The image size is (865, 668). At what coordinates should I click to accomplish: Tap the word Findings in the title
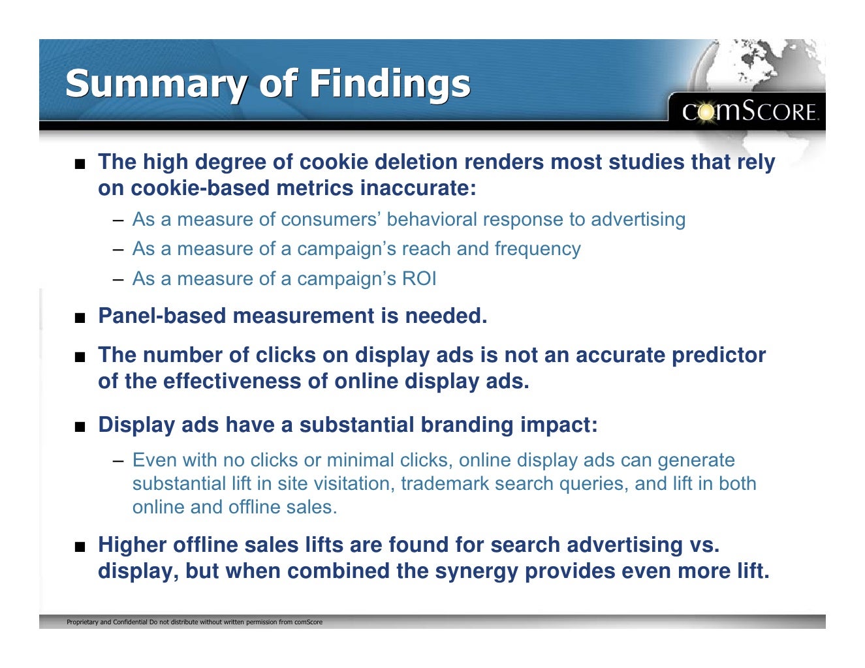coord(389,85)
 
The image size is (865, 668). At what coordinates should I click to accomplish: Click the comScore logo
coord(749,112)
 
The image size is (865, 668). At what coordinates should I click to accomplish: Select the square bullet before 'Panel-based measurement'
coord(80,318)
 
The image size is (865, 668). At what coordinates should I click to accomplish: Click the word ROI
coord(419,279)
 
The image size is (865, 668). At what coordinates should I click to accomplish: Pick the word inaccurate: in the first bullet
coord(418,189)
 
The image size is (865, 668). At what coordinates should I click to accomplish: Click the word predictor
coord(719,356)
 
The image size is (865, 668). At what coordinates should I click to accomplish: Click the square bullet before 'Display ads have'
coord(80,427)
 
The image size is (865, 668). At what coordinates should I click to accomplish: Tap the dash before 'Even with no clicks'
coord(118,461)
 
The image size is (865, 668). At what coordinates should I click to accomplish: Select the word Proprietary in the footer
coord(82,622)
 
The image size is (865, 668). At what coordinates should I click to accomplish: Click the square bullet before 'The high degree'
coord(80,164)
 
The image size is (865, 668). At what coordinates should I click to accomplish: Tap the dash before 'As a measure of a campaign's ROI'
coord(118,280)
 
